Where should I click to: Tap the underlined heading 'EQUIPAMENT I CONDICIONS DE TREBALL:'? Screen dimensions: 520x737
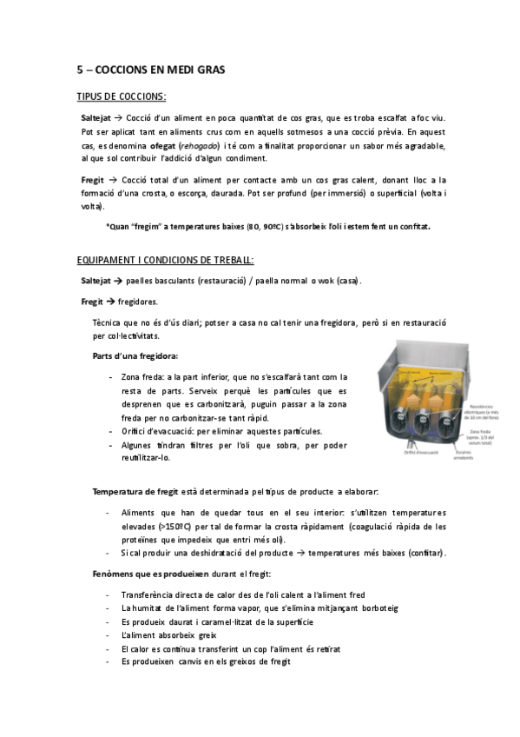(x=165, y=260)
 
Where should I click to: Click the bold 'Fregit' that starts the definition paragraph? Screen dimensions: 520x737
(x=93, y=178)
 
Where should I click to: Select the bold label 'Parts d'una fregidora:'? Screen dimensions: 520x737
(x=135, y=356)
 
